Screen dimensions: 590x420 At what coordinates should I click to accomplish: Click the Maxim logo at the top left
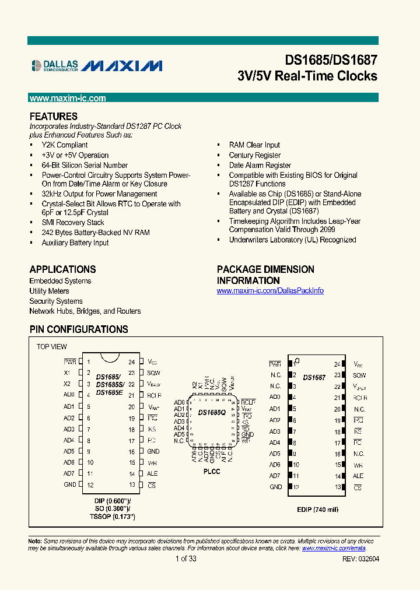click(122, 65)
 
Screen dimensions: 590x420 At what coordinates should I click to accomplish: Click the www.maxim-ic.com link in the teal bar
click(68, 99)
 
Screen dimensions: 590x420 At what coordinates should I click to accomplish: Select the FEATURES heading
click(54, 116)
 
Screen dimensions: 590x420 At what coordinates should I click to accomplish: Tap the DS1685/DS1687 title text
click(331, 60)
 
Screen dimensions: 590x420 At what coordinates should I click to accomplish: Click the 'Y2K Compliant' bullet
click(65, 145)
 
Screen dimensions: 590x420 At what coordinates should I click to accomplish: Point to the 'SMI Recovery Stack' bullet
click(73, 223)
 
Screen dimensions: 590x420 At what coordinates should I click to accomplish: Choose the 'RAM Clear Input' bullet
click(254, 145)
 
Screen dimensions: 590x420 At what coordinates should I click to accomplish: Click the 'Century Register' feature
click(255, 156)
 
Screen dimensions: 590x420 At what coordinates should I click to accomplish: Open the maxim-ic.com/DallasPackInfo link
click(270, 291)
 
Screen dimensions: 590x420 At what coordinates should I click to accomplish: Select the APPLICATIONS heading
click(63, 269)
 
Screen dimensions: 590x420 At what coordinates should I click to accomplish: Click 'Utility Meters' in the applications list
click(50, 292)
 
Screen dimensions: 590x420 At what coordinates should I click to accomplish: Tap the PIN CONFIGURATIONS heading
click(79, 329)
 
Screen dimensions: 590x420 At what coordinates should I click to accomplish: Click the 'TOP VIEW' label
click(52, 347)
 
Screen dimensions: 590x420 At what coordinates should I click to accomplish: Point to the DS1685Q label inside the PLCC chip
click(212, 413)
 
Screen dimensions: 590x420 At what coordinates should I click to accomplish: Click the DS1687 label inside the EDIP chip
click(314, 378)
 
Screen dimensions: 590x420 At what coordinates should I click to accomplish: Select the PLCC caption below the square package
click(212, 471)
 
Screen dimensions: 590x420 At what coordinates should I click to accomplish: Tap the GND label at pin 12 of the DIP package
click(70, 485)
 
